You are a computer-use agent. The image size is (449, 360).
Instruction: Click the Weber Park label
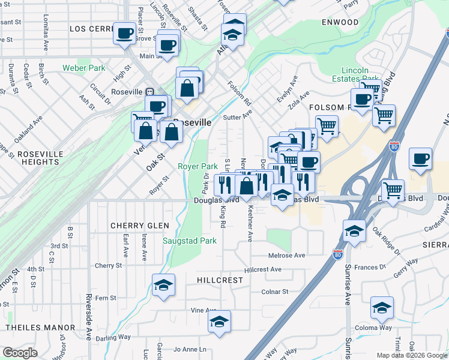(x=83, y=68)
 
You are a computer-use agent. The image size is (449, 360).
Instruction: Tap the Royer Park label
(x=197, y=166)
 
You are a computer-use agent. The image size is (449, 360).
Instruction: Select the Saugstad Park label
(x=190, y=241)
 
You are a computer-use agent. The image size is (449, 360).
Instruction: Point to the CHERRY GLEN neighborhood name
(x=136, y=226)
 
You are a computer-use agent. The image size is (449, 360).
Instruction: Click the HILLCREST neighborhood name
(x=220, y=280)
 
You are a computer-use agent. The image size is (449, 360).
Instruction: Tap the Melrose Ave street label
(x=287, y=255)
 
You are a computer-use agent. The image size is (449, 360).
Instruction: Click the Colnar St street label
(x=275, y=292)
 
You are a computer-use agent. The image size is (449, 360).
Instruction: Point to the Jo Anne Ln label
(x=189, y=349)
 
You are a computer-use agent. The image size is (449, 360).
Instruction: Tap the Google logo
(x=20, y=353)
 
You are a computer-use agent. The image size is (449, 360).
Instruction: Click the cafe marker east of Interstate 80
(x=421, y=159)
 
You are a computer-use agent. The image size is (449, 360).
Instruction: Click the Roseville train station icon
(x=149, y=92)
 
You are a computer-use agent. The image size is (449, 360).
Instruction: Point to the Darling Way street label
(x=113, y=337)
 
